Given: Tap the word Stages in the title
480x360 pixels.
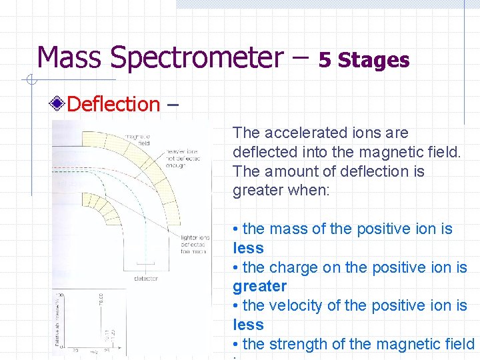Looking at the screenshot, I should click(373, 61).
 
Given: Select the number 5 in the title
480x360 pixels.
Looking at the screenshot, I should click(325, 61).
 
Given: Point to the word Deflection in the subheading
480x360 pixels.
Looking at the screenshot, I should click(114, 104).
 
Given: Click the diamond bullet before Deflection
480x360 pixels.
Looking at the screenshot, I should click(59, 104).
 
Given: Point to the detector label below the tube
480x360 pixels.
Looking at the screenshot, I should click(146, 278).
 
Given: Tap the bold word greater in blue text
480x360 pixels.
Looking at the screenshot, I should click(259, 287).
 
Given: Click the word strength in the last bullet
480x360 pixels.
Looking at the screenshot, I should click(301, 345).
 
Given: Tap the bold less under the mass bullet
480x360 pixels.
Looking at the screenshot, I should click(248, 249).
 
